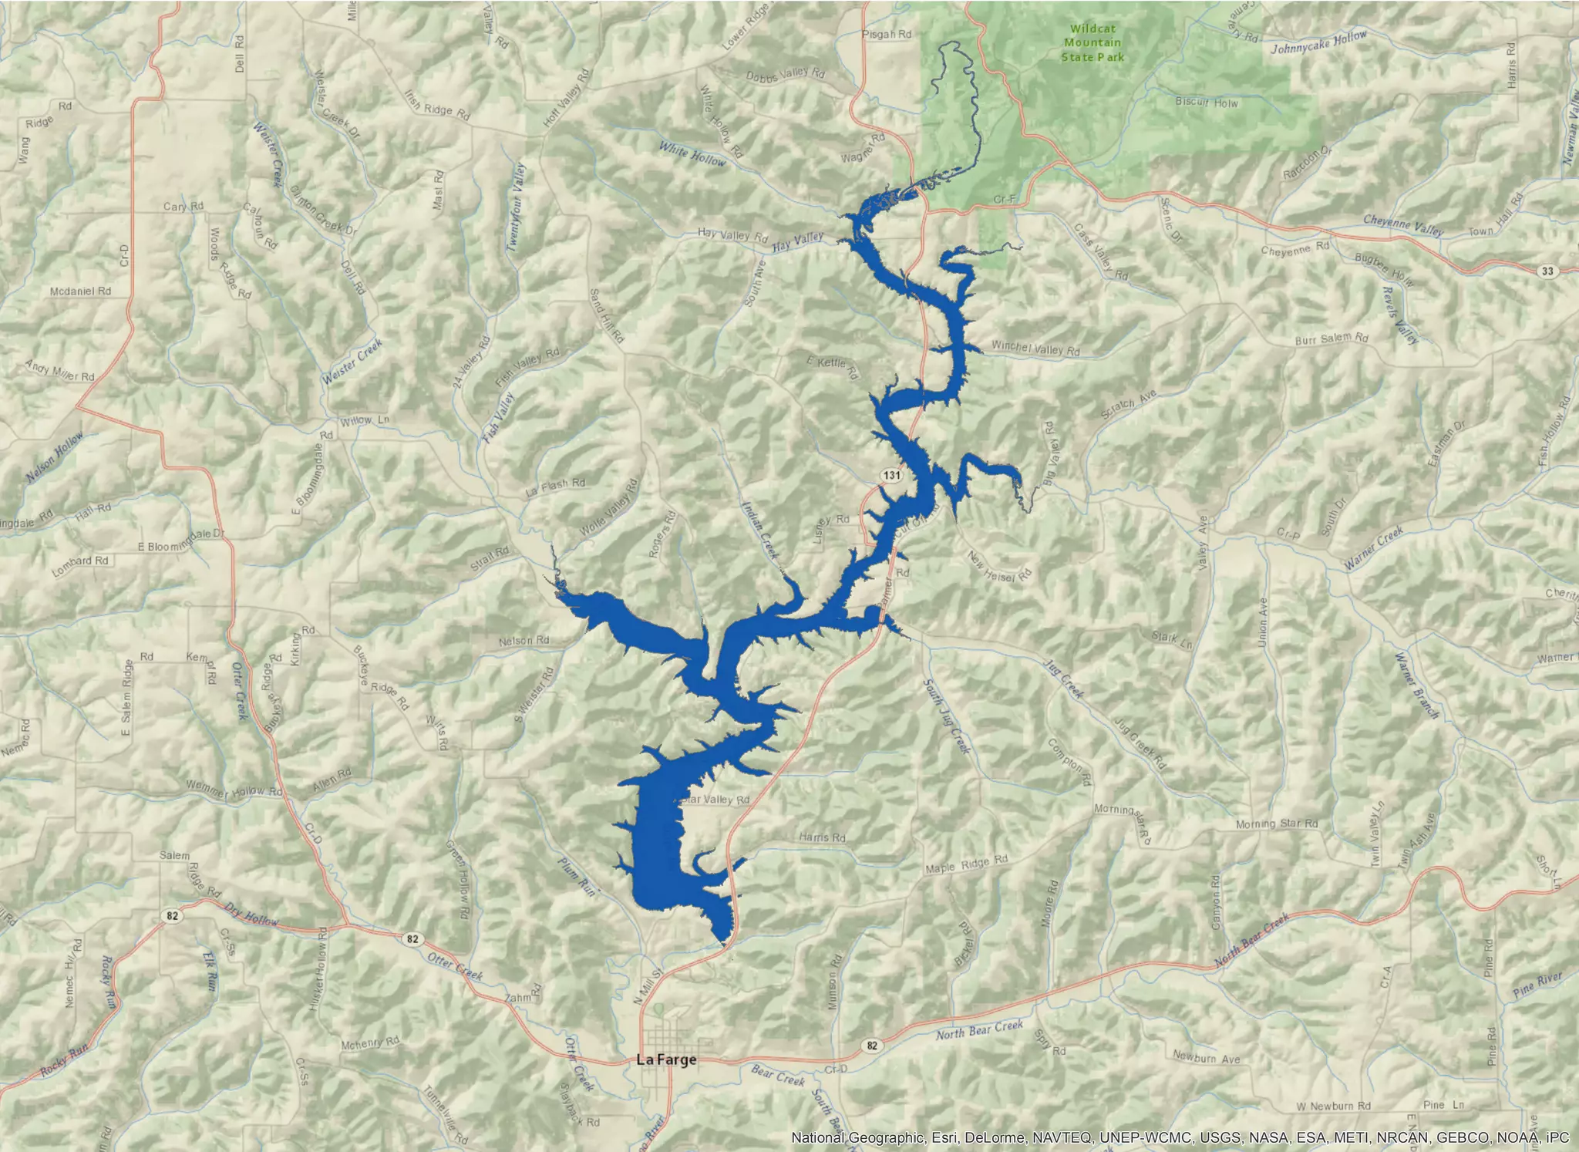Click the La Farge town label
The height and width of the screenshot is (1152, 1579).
click(x=666, y=1059)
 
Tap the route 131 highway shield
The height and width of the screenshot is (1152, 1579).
click(x=891, y=475)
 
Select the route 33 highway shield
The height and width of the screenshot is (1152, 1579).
click(x=1547, y=271)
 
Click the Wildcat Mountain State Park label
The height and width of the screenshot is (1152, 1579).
click(x=1093, y=43)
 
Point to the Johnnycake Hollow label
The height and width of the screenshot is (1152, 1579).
click(x=1318, y=42)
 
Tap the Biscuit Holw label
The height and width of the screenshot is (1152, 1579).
click(x=1207, y=103)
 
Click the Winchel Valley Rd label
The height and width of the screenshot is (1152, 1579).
click(x=1035, y=349)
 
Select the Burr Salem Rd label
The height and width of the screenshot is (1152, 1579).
click(x=1332, y=339)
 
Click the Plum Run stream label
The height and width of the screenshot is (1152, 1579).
click(x=578, y=875)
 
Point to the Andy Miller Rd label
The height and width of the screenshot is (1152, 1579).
click(x=59, y=371)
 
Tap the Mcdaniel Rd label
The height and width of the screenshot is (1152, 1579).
click(x=80, y=291)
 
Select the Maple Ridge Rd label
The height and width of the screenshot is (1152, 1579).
click(x=966, y=864)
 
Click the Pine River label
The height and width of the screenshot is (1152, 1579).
click(x=1537, y=985)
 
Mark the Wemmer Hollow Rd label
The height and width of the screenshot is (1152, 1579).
click(x=234, y=790)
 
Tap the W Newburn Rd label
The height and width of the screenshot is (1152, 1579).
click(x=1333, y=1106)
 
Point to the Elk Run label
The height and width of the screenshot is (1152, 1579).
click(x=209, y=970)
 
